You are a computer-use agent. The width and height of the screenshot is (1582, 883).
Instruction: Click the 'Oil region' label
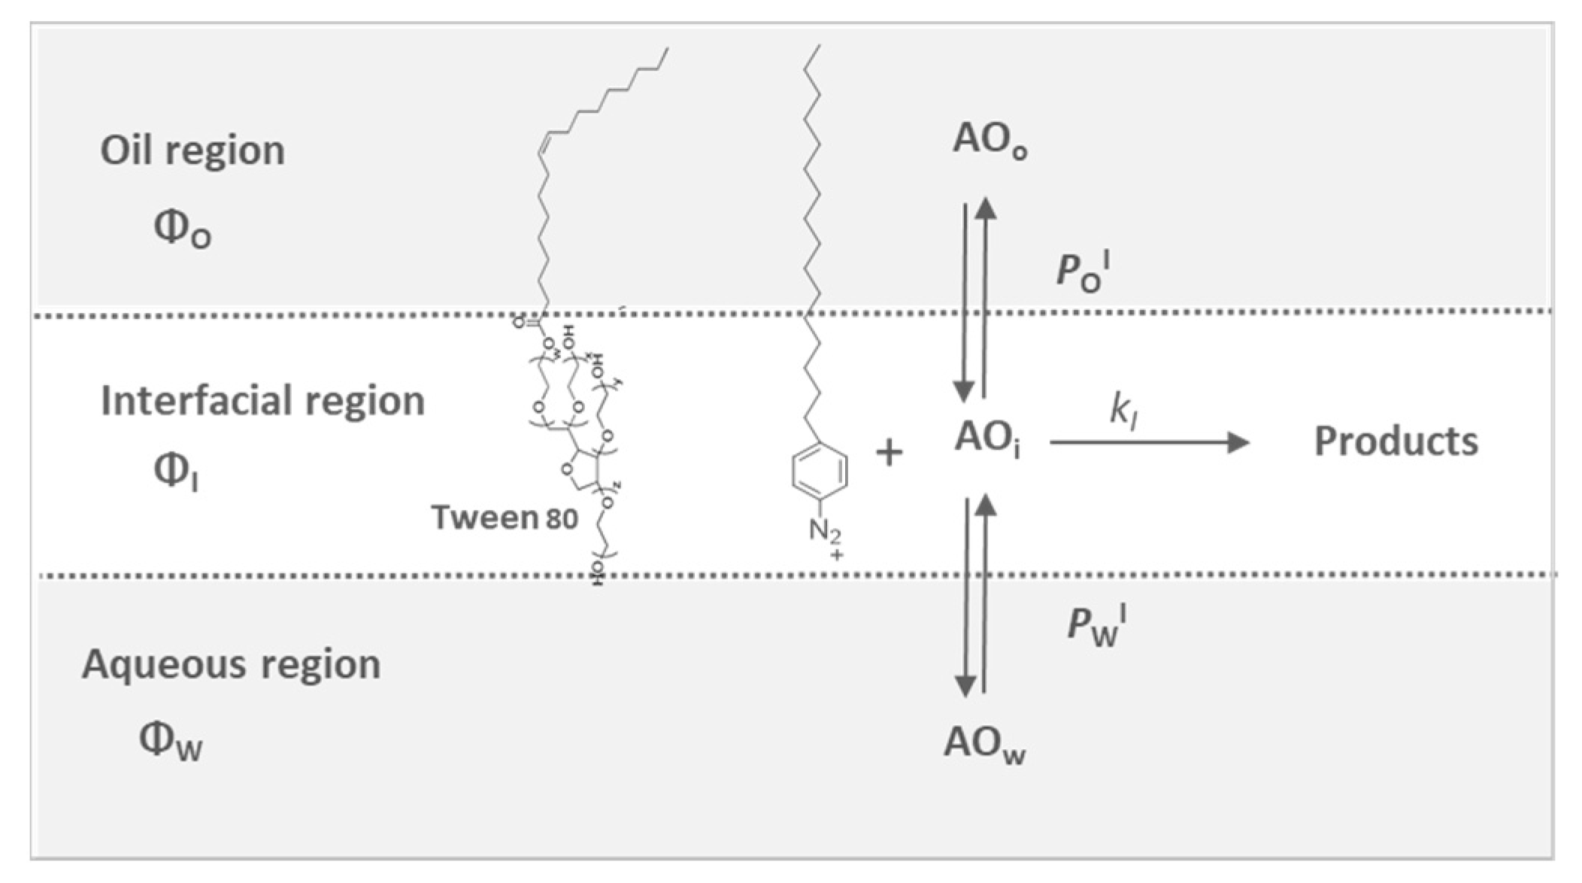point(192,150)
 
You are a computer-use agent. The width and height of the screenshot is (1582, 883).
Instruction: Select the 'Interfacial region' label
point(262,400)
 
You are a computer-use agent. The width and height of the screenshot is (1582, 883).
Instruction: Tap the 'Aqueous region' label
point(231,664)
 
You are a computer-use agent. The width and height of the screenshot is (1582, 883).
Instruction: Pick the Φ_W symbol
point(171,741)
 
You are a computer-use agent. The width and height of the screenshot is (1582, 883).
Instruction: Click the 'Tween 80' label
point(504,517)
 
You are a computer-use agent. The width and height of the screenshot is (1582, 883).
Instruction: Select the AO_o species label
point(990,140)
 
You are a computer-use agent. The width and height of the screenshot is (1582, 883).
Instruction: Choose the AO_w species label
point(985,744)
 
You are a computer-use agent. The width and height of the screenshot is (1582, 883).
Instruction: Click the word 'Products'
point(1396,441)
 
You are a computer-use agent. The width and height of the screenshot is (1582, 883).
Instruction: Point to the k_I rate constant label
point(1123,410)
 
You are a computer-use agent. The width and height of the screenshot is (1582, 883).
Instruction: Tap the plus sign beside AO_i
point(889,453)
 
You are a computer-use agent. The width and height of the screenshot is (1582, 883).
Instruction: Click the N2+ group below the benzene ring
point(826,536)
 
